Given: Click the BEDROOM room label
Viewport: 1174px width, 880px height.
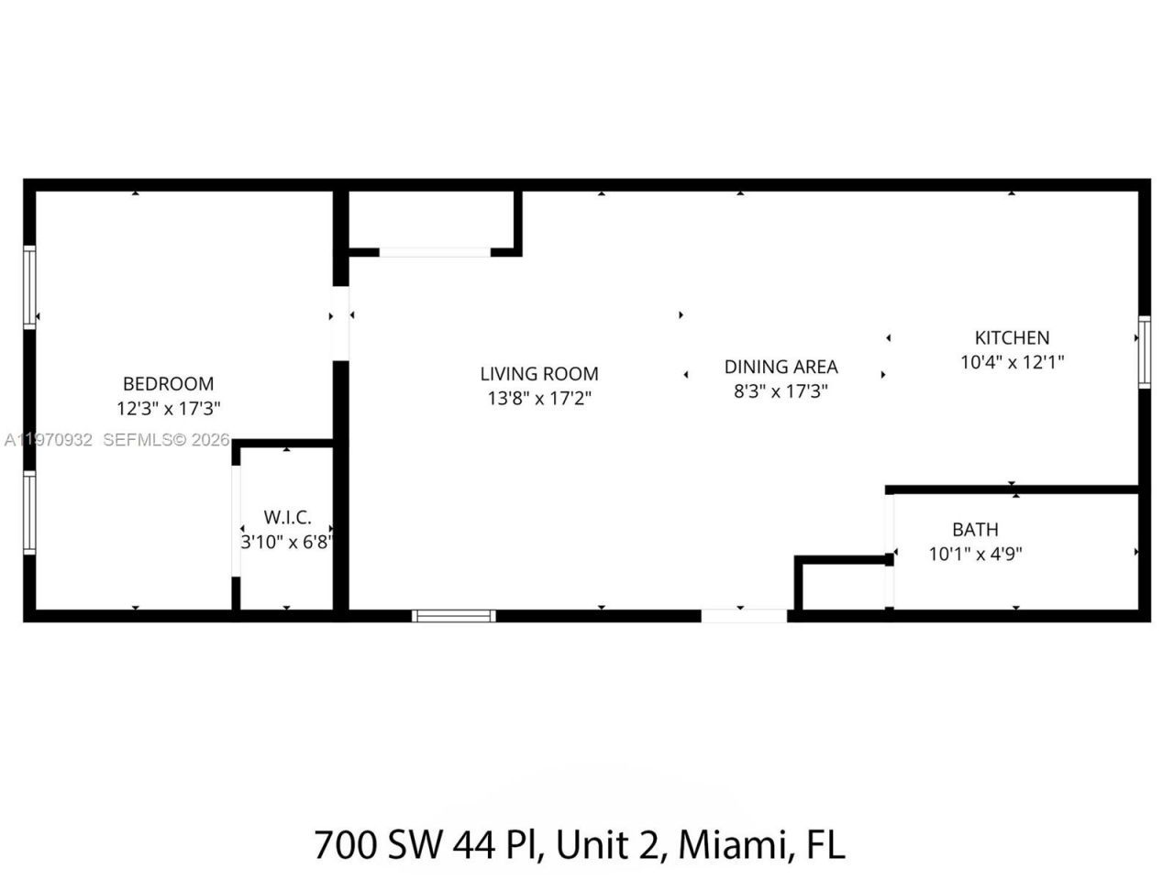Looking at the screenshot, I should point(168,384).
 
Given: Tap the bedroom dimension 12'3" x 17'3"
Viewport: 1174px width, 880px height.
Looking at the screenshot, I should point(168,408).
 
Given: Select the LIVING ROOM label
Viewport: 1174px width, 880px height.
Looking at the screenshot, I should point(539,374).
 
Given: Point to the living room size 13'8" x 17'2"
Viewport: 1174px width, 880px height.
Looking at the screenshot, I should point(539,399).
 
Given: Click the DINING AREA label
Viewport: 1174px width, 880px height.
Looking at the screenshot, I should point(781,367).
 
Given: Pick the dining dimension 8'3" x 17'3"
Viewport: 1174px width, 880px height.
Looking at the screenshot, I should point(781,390).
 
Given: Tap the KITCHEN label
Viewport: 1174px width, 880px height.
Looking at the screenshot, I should point(1012,337).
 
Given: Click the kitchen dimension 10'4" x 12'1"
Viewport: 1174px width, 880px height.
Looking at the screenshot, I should point(1012,362).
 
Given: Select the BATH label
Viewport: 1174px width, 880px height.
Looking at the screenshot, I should point(975,530).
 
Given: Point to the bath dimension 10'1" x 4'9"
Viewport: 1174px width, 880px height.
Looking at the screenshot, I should point(975,554).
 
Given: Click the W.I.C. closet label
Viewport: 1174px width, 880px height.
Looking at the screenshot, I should point(287,518).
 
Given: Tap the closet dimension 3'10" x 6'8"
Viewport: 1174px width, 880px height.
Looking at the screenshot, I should point(286,542).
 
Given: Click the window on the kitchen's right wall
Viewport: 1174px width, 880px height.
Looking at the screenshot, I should point(1144,352).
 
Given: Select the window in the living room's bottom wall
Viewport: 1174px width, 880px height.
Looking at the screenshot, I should point(454,616).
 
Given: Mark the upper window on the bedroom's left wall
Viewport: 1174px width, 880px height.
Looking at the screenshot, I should point(29,286).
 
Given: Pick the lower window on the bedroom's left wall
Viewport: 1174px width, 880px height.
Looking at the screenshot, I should point(29,512).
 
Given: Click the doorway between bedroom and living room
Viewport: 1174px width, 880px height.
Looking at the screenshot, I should point(340,323).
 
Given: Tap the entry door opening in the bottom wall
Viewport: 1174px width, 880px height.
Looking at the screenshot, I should point(744,616).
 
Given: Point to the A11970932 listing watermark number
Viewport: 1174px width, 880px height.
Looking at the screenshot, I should point(48,441).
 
